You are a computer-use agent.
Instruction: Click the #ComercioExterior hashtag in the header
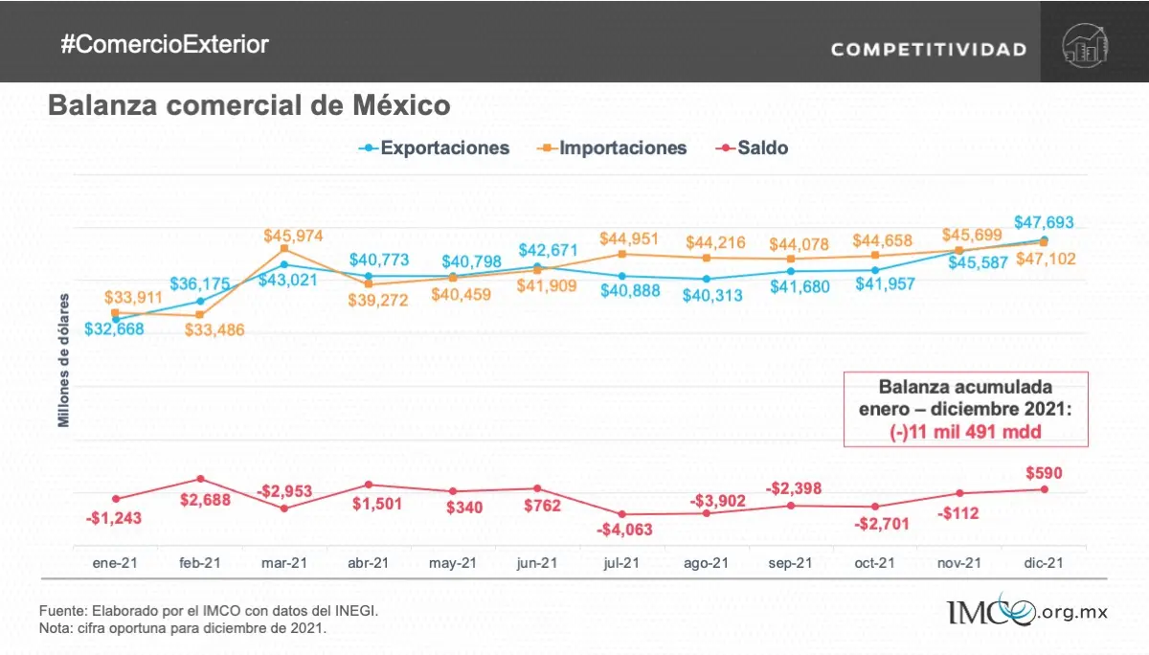pos(164,44)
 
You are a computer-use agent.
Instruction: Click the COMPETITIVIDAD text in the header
pos(928,49)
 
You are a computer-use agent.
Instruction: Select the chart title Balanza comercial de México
pos(249,104)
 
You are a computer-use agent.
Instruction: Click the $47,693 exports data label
pos(1045,222)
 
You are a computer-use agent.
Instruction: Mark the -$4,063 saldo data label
pos(623,530)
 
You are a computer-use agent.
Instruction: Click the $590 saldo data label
pos(1043,472)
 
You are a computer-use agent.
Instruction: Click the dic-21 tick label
pos(1043,564)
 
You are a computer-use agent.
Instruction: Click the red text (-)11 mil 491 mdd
pos(965,431)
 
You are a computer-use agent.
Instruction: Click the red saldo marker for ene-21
pos(116,498)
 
